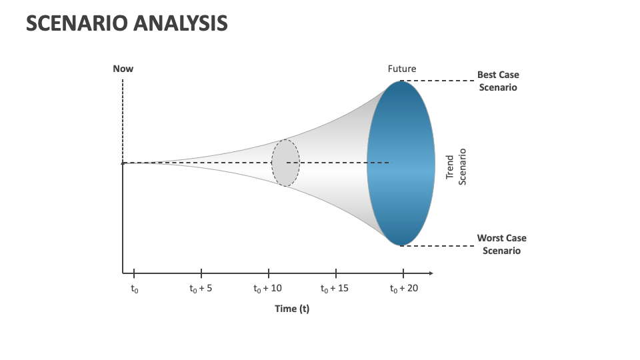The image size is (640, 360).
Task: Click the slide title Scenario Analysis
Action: [x=127, y=23]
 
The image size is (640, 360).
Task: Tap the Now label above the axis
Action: [x=123, y=68]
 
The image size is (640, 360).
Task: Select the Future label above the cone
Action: [x=401, y=68]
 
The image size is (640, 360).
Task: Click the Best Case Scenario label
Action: [x=498, y=81]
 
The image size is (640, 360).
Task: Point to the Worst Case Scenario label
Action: [x=501, y=244]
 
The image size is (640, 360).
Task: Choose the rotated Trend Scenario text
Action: [x=456, y=167]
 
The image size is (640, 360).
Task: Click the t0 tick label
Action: [x=134, y=289]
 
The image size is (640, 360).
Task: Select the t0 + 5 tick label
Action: [x=201, y=289]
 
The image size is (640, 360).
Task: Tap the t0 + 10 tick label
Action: [x=268, y=289]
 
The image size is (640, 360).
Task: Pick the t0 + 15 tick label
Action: [x=335, y=289]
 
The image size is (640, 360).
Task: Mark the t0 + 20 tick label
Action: [x=403, y=289]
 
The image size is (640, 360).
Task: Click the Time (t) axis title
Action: [x=292, y=309]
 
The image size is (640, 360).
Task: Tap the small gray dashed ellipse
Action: [x=285, y=162]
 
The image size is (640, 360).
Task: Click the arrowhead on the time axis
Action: [x=431, y=273]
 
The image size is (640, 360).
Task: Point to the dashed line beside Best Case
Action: [x=437, y=81]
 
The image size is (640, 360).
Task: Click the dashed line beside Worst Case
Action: [x=437, y=245]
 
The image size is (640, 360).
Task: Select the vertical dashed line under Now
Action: [x=123, y=120]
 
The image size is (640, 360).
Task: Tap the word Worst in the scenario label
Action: [x=491, y=238]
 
